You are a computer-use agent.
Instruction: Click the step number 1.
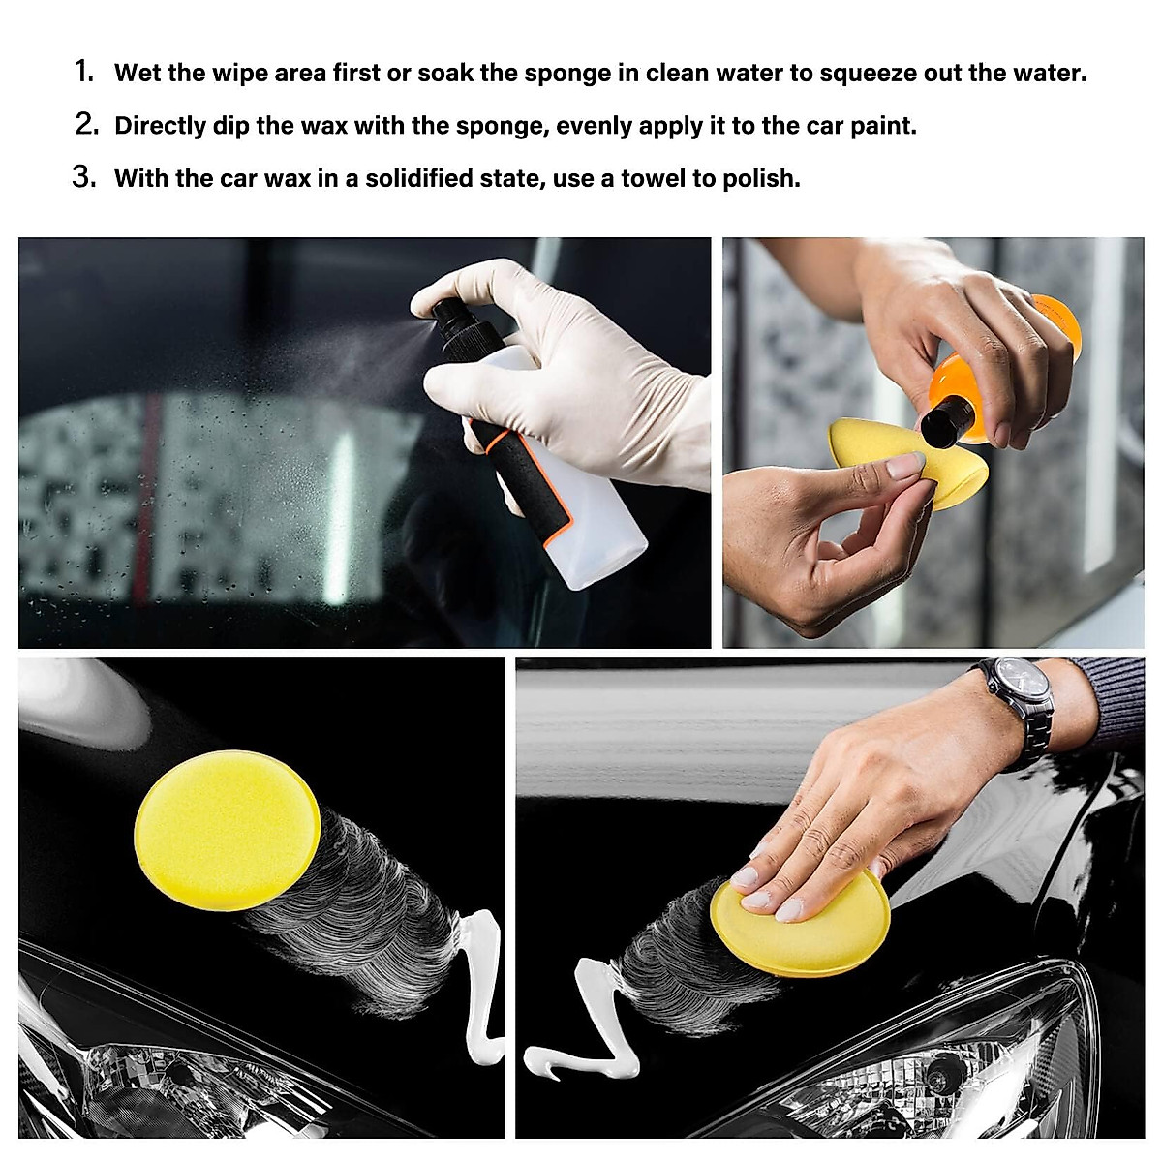[84, 71]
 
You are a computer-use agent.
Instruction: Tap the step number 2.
[86, 124]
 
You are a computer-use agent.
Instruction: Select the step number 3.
[84, 177]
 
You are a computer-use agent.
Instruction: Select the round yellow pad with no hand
[227, 830]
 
